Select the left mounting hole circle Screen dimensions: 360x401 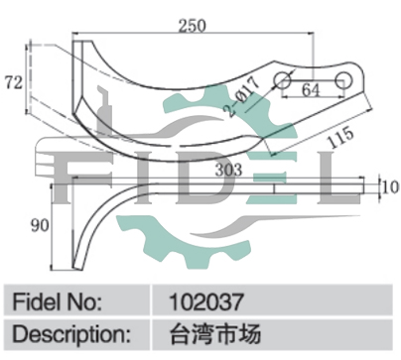pyautogui.click(x=283, y=79)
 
